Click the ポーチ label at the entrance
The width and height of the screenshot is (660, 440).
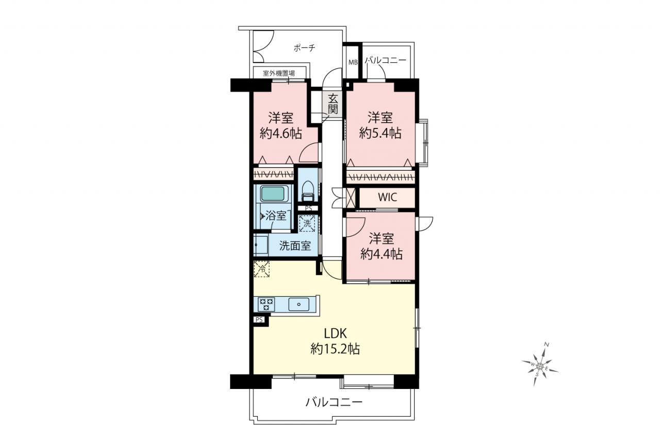point(304,48)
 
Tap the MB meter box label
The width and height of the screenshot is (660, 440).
point(353,62)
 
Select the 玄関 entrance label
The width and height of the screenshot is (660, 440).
point(333,104)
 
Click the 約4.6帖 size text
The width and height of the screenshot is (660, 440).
point(280,134)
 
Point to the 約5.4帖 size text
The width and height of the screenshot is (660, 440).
point(380,134)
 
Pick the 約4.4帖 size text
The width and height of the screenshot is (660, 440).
point(381,254)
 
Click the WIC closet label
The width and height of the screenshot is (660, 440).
point(387,197)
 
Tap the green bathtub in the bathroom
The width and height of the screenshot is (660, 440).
point(273,193)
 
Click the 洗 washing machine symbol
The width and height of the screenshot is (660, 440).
point(307,223)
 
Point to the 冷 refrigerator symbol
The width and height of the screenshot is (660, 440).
point(261,269)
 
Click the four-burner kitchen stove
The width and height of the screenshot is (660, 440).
point(266,304)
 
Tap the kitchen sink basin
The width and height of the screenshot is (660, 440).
point(299,304)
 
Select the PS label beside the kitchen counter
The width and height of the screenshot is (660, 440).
point(259,320)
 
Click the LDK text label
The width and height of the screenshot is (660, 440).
point(335,334)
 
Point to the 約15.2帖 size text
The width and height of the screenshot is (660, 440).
point(335,349)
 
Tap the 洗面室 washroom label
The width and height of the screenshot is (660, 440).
point(295,246)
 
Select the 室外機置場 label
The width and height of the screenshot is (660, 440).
point(278,73)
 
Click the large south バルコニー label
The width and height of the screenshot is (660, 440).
point(334,402)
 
